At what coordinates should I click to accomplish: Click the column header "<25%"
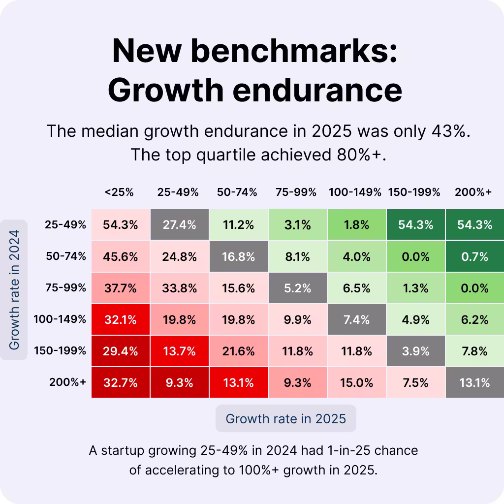119,192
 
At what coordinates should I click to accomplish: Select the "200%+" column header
473,192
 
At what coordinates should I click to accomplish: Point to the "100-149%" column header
355,192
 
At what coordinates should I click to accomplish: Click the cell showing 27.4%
179,225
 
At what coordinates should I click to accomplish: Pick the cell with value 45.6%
120,256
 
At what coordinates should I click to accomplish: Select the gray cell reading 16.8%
238,256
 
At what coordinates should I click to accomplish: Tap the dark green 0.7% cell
474,256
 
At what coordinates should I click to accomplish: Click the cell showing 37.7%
120,288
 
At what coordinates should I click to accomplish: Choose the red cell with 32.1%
120,319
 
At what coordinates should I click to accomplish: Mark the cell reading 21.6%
238,351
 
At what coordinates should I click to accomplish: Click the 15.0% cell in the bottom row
356,382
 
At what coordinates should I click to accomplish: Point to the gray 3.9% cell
415,351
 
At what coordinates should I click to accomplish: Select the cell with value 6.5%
356,288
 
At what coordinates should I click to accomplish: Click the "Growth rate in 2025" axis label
285,419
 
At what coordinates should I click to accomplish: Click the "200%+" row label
67,382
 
